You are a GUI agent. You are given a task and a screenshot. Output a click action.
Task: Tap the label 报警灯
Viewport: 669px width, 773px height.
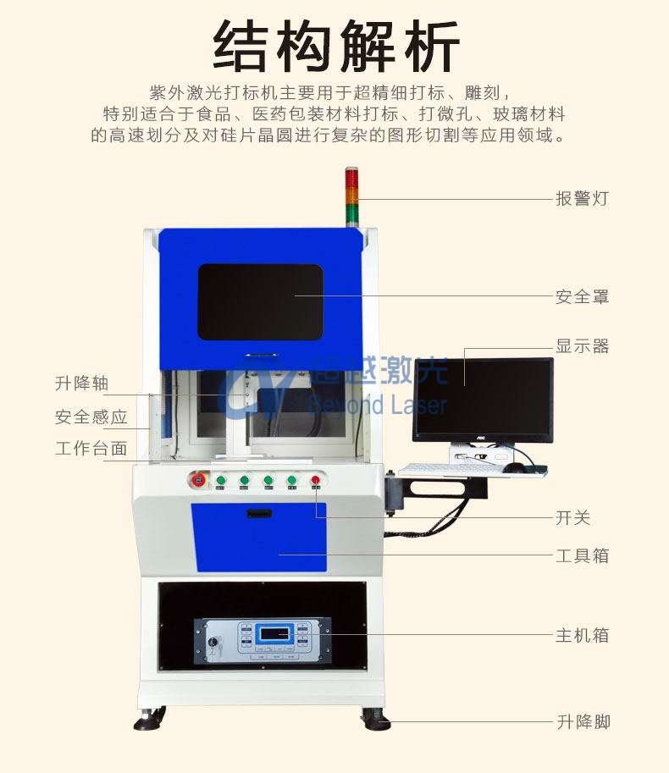pos(582,199)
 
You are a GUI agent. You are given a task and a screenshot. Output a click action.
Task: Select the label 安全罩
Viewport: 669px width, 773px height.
pos(582,296)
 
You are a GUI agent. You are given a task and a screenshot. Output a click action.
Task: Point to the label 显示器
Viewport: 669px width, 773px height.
pos(582,346)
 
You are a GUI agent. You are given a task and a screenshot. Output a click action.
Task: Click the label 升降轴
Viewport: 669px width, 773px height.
pos(82,384)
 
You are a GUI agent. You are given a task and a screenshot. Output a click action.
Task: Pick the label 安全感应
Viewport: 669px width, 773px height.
pos(91,417)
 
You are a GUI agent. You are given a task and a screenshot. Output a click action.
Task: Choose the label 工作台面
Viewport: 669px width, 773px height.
pos(91,449)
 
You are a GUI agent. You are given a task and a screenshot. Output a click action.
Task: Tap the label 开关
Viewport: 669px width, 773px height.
pos(572,518)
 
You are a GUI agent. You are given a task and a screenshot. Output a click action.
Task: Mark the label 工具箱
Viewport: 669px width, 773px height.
pos(582,556)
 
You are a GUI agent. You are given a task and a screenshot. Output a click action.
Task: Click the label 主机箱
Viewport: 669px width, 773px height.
pos(582,635)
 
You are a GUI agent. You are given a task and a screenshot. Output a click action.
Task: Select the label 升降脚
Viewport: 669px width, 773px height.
pos(583,722)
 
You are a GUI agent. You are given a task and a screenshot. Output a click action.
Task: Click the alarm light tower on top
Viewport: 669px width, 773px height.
pos(352,195)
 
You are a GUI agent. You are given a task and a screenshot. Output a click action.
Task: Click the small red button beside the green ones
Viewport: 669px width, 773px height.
pos(316,481)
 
